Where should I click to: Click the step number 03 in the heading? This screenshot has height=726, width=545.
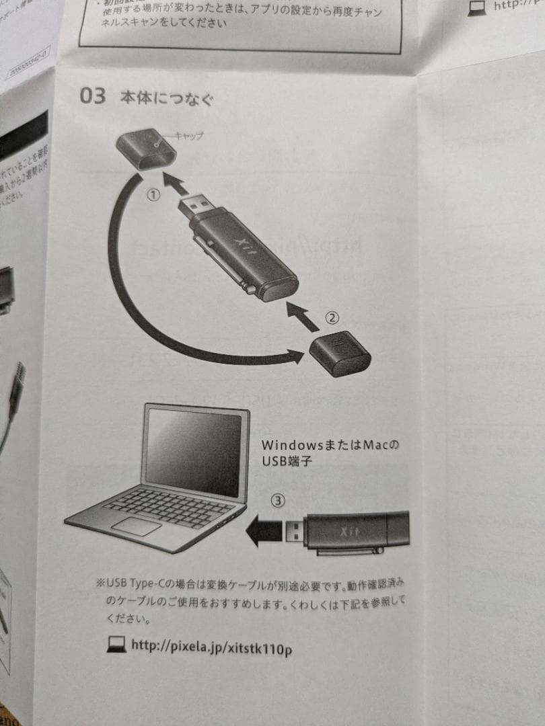pyautogui.click(x=93, y=96)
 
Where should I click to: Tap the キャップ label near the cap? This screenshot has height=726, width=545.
pyautogui.click(x=188, y=136)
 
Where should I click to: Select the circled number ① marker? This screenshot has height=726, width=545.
pyautogui.click(x=153, y=195)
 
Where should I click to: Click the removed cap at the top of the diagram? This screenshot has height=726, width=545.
pyautogui.click(x=145, y=149)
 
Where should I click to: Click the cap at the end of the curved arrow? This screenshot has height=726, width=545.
pyautogui.click(x=340, y=354)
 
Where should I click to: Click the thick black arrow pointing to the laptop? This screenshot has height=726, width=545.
pyautogui.click(x=264, y=532)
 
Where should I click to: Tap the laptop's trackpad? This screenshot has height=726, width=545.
pyautogui.click(x=137, y=526)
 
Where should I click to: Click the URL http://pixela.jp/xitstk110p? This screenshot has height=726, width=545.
pyautogui.click(x=212, y=647)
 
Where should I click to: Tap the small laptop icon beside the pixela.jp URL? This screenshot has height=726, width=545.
pyautogui.click(x=116, y=646)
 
